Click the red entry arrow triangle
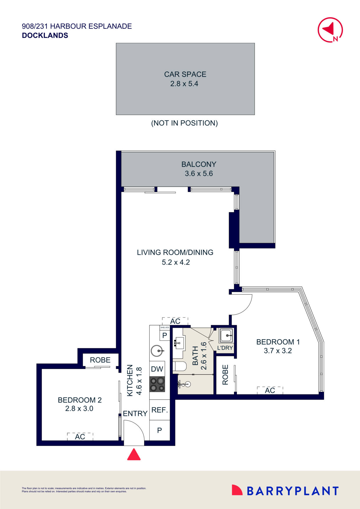(134, 455)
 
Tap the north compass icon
(330, 30)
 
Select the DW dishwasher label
(157, 369)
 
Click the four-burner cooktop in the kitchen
(157, 384)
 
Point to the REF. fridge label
(160, 410)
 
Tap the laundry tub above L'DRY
(226, 335)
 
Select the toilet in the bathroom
(180, 366)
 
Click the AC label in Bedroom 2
(80, 437)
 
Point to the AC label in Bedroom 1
(270, 390)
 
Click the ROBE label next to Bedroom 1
(225, 375)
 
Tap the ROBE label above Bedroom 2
(100, 360)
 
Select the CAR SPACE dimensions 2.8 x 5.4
(184, 84)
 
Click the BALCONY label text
(199, 164)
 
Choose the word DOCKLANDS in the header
(45, 35)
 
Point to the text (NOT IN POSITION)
(184, 123)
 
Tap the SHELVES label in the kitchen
(165, 328)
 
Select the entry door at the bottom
(134, 432)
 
